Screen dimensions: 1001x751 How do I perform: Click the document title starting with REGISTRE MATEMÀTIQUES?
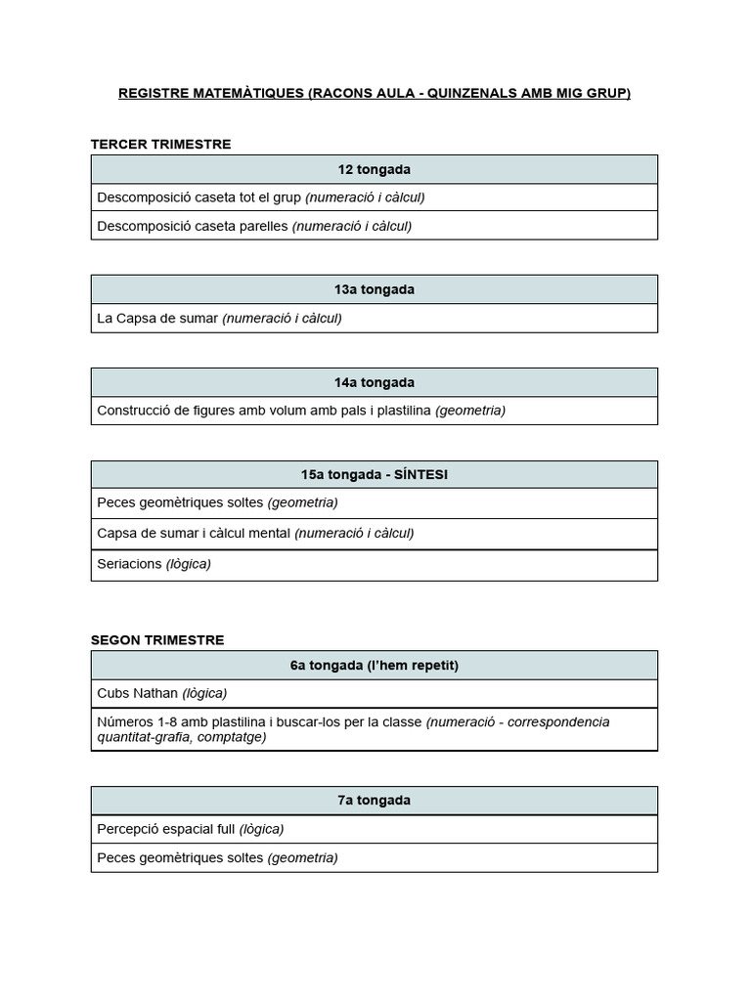pos(375,94)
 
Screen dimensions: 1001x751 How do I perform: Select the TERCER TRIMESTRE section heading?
pos(160,145)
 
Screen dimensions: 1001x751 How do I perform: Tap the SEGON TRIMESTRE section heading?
pos(157,640)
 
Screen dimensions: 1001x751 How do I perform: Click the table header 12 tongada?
pos(375,169)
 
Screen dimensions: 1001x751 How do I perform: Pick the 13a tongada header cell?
pos(375,289)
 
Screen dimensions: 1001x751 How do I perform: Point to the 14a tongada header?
pos(375,382)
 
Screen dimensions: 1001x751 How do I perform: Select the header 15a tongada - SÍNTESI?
pos(375,475)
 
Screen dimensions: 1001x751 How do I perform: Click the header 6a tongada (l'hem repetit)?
pos(375,666)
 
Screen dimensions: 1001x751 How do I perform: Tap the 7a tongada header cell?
pos(375,801)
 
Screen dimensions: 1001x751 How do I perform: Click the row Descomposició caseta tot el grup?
pos(261,197)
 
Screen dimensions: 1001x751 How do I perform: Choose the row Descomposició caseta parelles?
pos(254,226)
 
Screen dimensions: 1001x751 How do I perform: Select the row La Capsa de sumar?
pos(219,318)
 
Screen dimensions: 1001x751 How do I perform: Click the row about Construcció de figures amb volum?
pos(301,411)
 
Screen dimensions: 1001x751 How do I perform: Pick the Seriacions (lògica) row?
pos(154,564)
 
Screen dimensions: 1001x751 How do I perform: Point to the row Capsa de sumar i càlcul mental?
pos(255,534)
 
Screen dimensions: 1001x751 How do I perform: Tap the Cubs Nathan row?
pos(161,693)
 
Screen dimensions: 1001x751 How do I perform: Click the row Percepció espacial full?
pos(191,829)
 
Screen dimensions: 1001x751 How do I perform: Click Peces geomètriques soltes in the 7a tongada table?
pos(217,858)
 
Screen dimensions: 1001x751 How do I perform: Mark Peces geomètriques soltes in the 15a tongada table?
pos(217,502)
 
